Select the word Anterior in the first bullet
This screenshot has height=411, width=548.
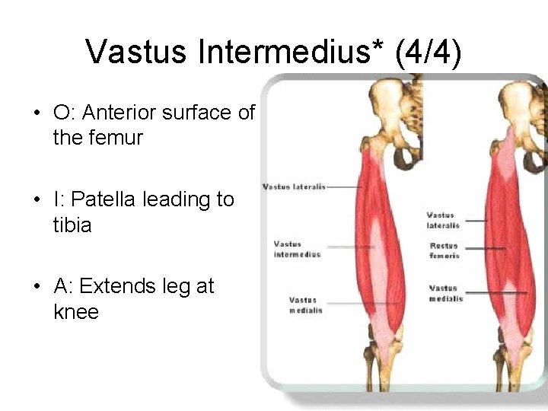point(123,113)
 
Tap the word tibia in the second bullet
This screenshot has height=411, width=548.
point(72,226)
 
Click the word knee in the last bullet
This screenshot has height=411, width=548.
point(76,313)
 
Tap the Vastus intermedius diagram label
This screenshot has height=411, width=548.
point(298,249)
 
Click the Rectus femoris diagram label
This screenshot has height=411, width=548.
point(444,250)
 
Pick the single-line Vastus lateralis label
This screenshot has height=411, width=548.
point(294,186)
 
